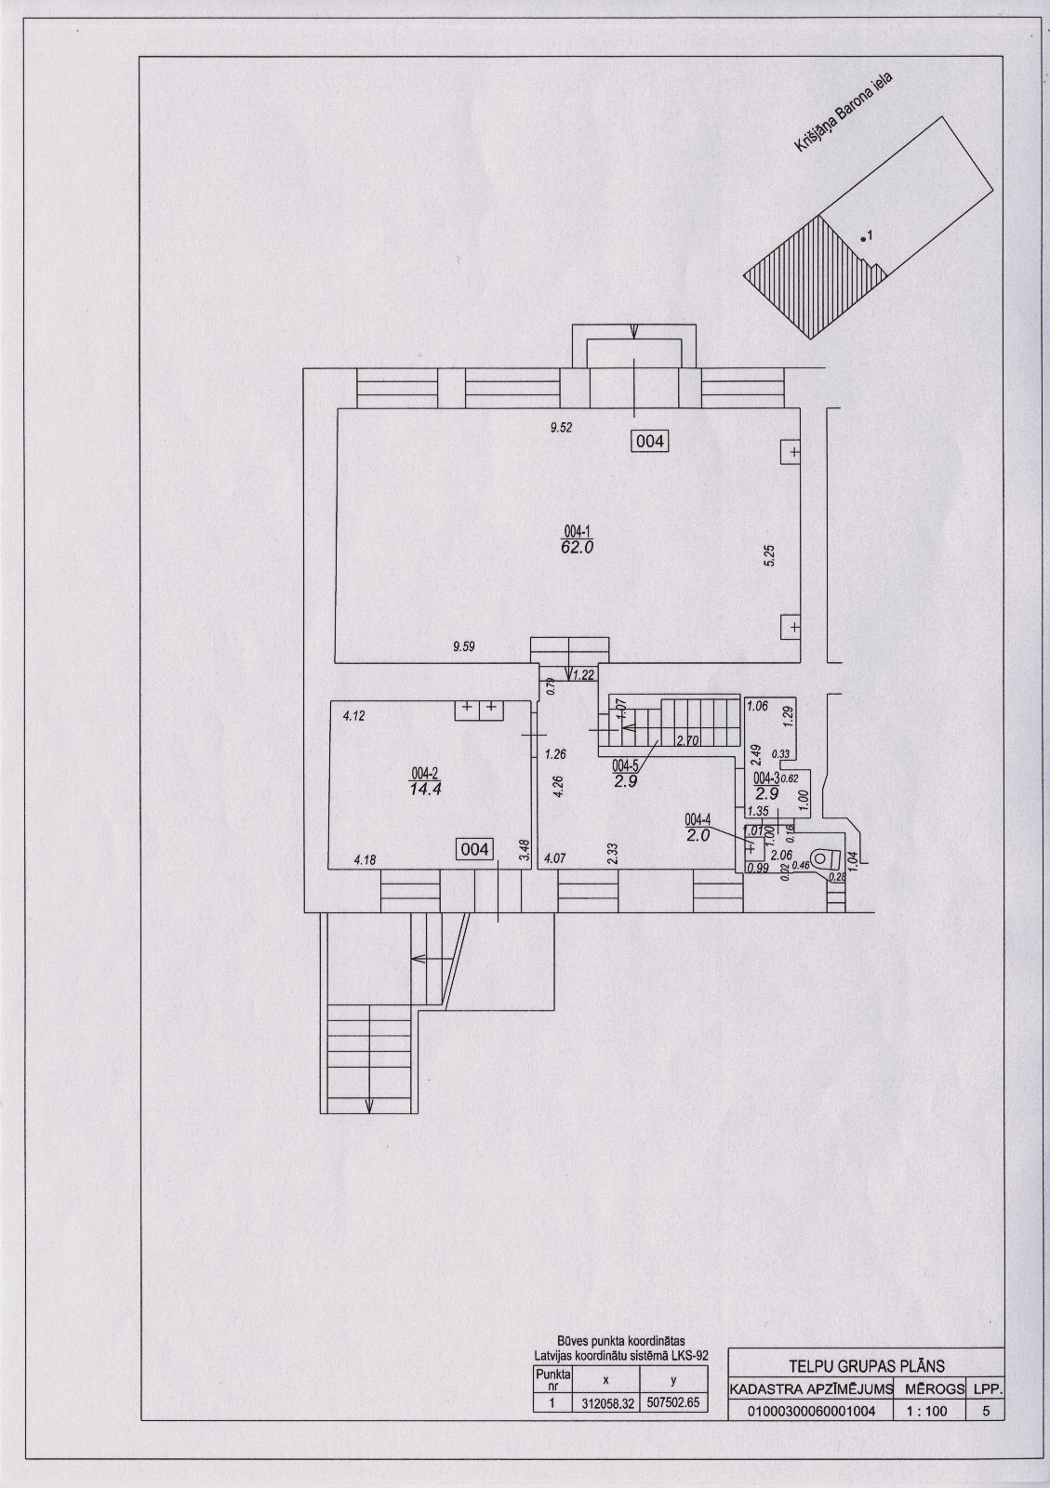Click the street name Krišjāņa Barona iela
pyautogui.click(x=843, y=113)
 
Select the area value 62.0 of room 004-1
pyautogui.click(x=577, y=548)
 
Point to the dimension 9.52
pyautogui.click(x=561, y=428)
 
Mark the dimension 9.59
pyautogui.click(x=463, y=645)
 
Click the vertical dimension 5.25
pyautogui.click(x=770, y=555)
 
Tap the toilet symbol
pyautogui.click(x=822, y=859)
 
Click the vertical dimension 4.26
pyautogui.click(x=558, y=787)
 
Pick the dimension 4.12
pyautogui.click(x=353, y=716)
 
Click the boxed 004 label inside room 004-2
pyautogui.click(x=475, y=849)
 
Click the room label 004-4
pyautogui.click(x=698, y=820)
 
